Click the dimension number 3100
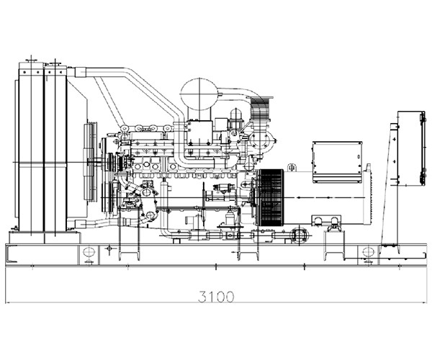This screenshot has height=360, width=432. pyautogui.click(x=216, y=297)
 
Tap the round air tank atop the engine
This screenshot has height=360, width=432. pyautogui.click(x=199, y=94)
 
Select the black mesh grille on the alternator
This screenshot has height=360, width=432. pyautogui.click(x=271, y=197)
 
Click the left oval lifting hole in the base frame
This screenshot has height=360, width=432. pyautogui.click(x=89, y=252)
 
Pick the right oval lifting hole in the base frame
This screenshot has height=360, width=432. pyautogui.click(x=368, y=252)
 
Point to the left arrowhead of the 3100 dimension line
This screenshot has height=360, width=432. pyautogui.click(x=8, y=302)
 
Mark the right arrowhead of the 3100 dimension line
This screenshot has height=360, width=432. pyautogui.click(x=424, y=302)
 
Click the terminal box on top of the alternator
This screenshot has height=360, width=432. pyautogui.click(x=337, y=162)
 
